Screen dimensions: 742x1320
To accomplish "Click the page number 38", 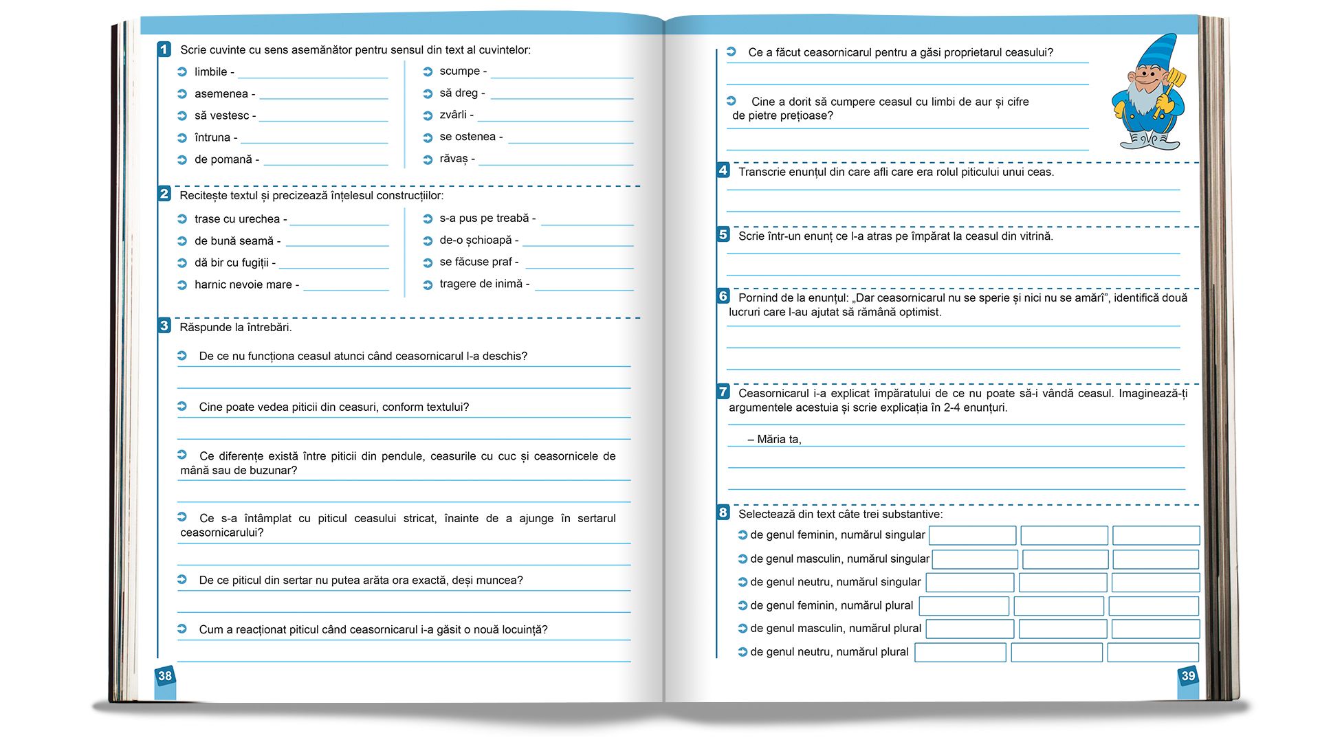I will pos(165,676).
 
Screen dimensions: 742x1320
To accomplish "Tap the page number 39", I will pos(1189,676).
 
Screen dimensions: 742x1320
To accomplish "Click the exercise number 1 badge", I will pos(164,49).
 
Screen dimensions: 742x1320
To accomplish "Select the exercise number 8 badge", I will pos(723,513).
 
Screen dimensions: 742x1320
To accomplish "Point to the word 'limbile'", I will pos(210,72).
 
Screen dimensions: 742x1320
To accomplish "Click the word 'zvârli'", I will pos(453,115).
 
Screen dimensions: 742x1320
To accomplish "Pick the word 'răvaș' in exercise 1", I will pos(454,159).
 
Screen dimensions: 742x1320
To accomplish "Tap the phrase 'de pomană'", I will pos(223,159).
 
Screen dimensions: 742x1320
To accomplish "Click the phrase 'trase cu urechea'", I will pos(237,219).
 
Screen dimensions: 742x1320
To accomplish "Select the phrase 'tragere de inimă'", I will pos(481,284).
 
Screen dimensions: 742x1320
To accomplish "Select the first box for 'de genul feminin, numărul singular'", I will pos(972,535).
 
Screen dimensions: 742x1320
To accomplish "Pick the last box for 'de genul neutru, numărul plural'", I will pos(1153,652).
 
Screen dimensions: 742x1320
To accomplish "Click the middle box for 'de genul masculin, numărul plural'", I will pos(1062,629).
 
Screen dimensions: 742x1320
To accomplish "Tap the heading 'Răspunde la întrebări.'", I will pos(236,327).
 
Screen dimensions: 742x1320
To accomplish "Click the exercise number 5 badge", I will pos(723,235).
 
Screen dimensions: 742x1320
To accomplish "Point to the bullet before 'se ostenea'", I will pos(428,137).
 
